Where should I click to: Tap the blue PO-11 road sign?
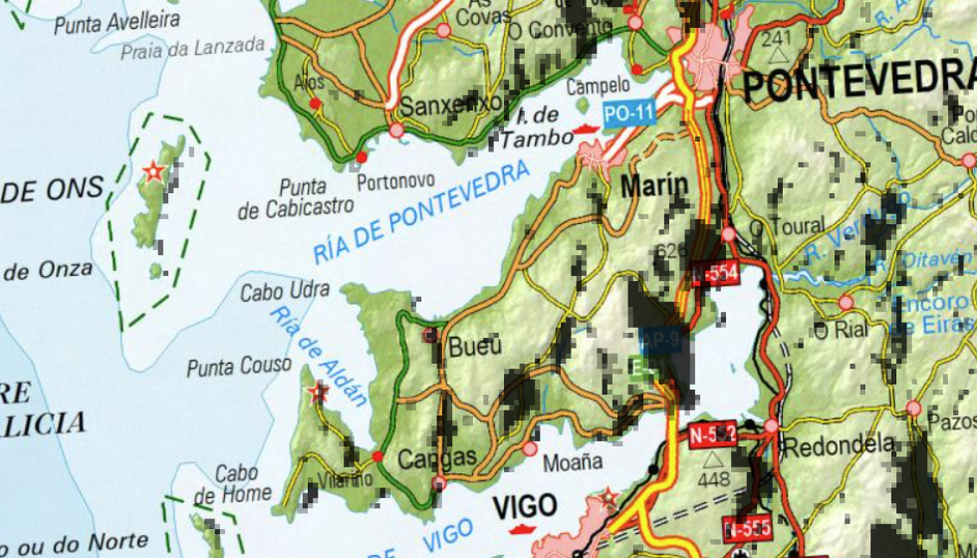click(x=629, y=113)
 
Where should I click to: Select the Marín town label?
click(x=653, y=185)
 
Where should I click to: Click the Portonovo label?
click(x=395, y=181)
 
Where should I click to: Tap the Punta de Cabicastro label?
click(x=296, y=198)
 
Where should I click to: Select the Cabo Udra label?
click(x=285, y=292)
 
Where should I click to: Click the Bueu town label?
click(x=475, y=347)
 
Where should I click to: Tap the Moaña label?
click(x=573, y=462)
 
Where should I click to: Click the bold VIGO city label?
click(x=527, y=508)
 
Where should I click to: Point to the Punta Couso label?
click(x=239, y=367)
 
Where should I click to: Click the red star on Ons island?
click(x=152, y=171)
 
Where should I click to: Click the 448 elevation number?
click(x=712, y=480)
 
